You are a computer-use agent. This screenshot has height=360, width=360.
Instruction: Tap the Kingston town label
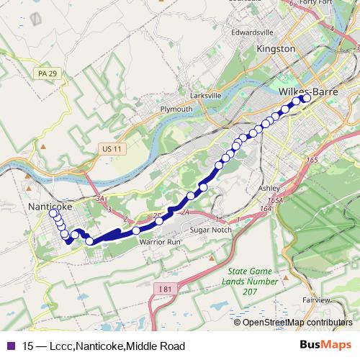[x=276, y=48]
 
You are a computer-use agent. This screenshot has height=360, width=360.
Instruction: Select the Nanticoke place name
[x=50, y=206]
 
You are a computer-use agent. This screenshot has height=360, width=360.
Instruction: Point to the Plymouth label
[x=176, y=109]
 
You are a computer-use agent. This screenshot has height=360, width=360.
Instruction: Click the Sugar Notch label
[x=209, y=230]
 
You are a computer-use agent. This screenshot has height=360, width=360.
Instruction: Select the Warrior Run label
[x=159, y=242]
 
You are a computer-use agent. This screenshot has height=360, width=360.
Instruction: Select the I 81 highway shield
[x=165, y=288]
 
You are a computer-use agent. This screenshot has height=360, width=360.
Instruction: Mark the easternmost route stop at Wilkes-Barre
[x=306, y=99]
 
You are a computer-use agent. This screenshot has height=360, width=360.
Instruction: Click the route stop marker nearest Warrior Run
[x=135, y=230]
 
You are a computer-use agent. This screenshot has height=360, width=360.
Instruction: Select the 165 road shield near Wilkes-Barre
[x=312, y=160]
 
